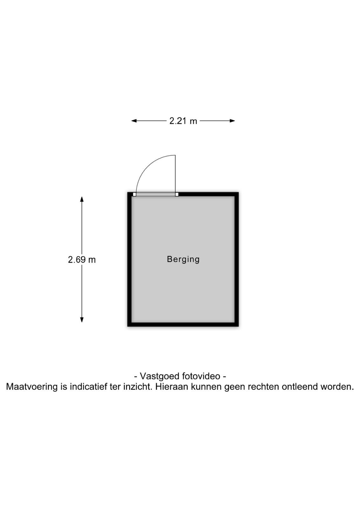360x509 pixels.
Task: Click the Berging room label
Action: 183,259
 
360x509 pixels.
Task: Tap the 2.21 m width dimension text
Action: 183,121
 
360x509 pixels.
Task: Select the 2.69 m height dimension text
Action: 82,260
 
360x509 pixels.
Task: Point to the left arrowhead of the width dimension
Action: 134,121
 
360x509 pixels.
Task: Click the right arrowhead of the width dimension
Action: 232,121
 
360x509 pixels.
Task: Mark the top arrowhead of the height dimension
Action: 82,199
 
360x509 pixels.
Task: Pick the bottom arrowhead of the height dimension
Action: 82,320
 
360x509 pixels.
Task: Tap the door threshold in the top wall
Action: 156,194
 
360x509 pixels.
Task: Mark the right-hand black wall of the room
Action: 236,259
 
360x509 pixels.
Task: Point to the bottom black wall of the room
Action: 183,324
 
